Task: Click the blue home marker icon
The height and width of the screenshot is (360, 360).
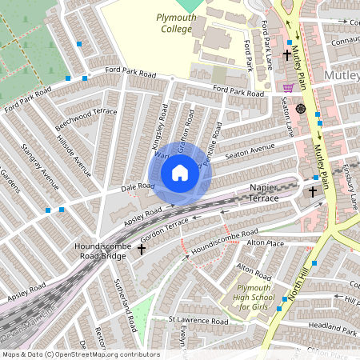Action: click(x=180, y=173)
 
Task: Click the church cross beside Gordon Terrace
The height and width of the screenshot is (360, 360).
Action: click(x=142, y=249)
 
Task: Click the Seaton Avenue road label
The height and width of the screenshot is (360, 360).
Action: click(x=249, y=152)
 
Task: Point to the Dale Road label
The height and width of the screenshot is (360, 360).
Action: click(x=137, y=186)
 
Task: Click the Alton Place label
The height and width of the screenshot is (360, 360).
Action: click(x=265, y=242)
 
